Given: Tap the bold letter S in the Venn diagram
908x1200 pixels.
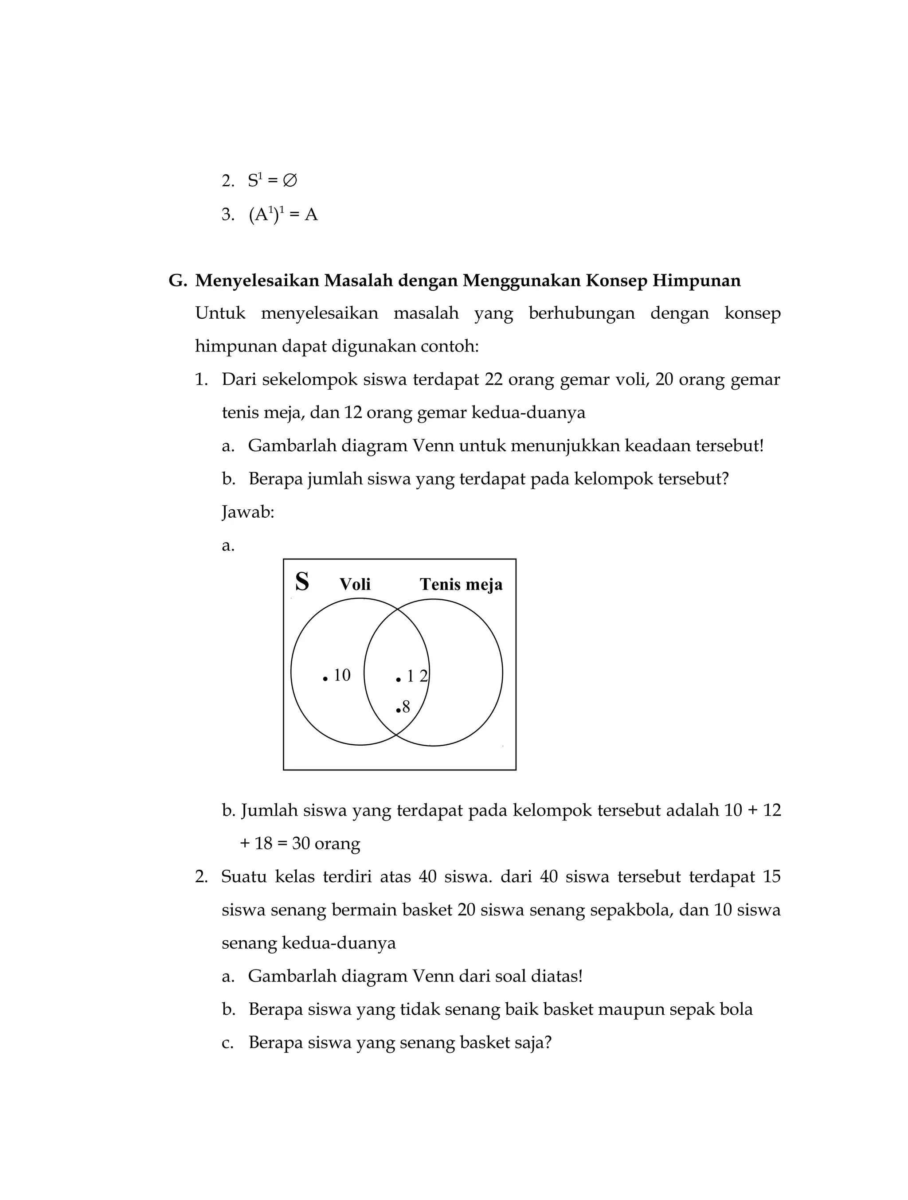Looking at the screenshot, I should point(302,582).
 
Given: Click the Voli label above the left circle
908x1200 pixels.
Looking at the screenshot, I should point(355,584).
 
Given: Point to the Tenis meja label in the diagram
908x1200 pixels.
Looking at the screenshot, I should point(461,584).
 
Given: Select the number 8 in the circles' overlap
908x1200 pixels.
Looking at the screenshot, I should point(406,707).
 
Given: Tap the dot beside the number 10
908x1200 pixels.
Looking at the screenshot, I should point(325,679).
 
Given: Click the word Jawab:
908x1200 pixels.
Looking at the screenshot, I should point(248,512).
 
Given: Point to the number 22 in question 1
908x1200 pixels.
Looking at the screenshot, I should point(493,380).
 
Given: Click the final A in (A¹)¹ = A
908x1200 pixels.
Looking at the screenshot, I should point(311,215).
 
